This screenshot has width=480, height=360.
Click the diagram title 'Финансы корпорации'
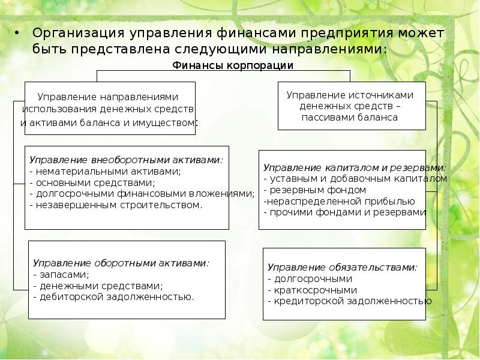(233, 65)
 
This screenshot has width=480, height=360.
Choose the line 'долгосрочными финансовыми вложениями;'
(142, 193)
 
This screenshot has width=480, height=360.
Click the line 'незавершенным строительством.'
(119, 205)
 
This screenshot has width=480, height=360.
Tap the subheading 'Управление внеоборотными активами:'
(126, 160)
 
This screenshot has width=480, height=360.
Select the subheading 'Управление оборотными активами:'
(121, 263)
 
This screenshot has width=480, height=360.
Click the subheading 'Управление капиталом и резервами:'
(354, 167)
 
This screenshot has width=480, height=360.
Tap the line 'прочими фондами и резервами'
(344, 212)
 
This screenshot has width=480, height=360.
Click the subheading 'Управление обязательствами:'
(342, 267)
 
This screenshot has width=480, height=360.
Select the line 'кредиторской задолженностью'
(349, 301)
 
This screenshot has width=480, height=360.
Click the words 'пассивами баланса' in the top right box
(350, 118)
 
